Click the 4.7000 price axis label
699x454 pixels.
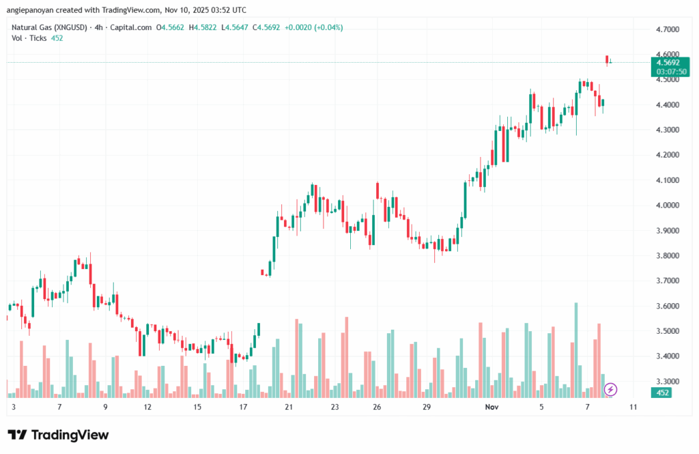click(668, 30)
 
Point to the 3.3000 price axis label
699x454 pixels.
click(668, 381)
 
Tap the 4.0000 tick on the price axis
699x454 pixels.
click(668, 205)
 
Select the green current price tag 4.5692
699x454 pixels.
click(668, 62)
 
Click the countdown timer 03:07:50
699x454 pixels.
click(668, 71)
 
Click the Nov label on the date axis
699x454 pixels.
click(491, 406)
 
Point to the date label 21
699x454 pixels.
click(289, 406)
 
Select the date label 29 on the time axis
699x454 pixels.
click(426, 406)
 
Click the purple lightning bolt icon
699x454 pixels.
click(611, 389)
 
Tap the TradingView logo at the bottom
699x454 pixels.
click(58, 435)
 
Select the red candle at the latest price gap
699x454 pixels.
click(606, 59)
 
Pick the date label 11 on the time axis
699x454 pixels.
click(633, 406)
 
